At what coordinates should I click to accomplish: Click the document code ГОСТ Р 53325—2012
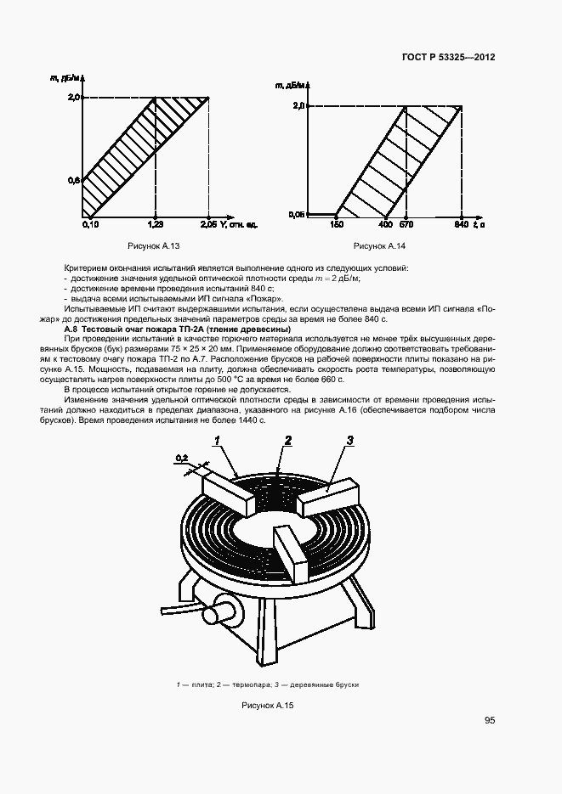click(448, 58)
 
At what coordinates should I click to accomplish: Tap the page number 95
click(490, 721)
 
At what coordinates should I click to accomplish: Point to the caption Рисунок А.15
click(268, 704)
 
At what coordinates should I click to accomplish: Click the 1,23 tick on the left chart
click(155, 224)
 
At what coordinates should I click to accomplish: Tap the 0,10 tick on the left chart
click(91, 224)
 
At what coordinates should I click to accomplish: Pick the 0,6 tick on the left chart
click(74, 180)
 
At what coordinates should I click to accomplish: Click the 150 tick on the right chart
click(336, 225)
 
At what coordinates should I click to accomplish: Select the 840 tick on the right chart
click(462, 225)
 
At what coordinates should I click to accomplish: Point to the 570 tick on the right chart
click(406, 225)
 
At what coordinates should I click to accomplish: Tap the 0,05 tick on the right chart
click(296, 214)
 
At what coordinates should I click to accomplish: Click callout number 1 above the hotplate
click(218, 440)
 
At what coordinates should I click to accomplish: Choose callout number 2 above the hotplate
click(288, 440)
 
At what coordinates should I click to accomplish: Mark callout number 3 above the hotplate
click(350, 440)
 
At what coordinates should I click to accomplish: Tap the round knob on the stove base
click(225, 608)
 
